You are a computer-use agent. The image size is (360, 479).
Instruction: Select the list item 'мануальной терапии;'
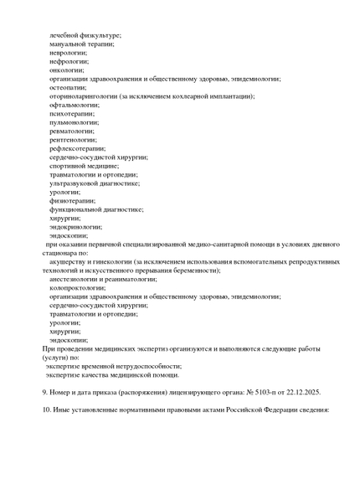[82, 44]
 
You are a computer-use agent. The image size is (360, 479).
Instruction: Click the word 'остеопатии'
[69, 87]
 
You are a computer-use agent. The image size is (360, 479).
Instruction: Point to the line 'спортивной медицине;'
[84, 166]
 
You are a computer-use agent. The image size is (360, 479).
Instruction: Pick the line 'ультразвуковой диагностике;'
[94, 183]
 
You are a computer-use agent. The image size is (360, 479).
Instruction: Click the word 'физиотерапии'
[71, 200]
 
